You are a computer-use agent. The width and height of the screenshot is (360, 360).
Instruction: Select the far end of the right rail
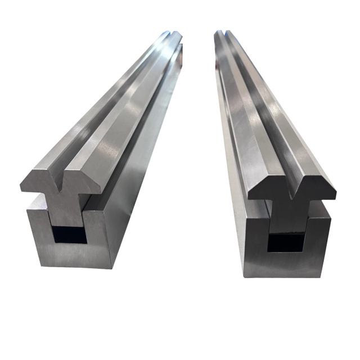(223, 35)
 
